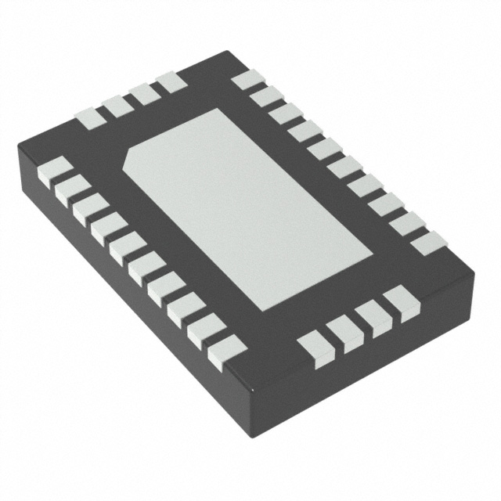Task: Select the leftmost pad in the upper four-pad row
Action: (x=88, y=117)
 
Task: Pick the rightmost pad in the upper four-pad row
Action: (x=171, y=81)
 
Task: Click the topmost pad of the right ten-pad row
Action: (x=245, y=80)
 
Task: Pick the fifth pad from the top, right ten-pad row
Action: (x=323, y=148)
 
